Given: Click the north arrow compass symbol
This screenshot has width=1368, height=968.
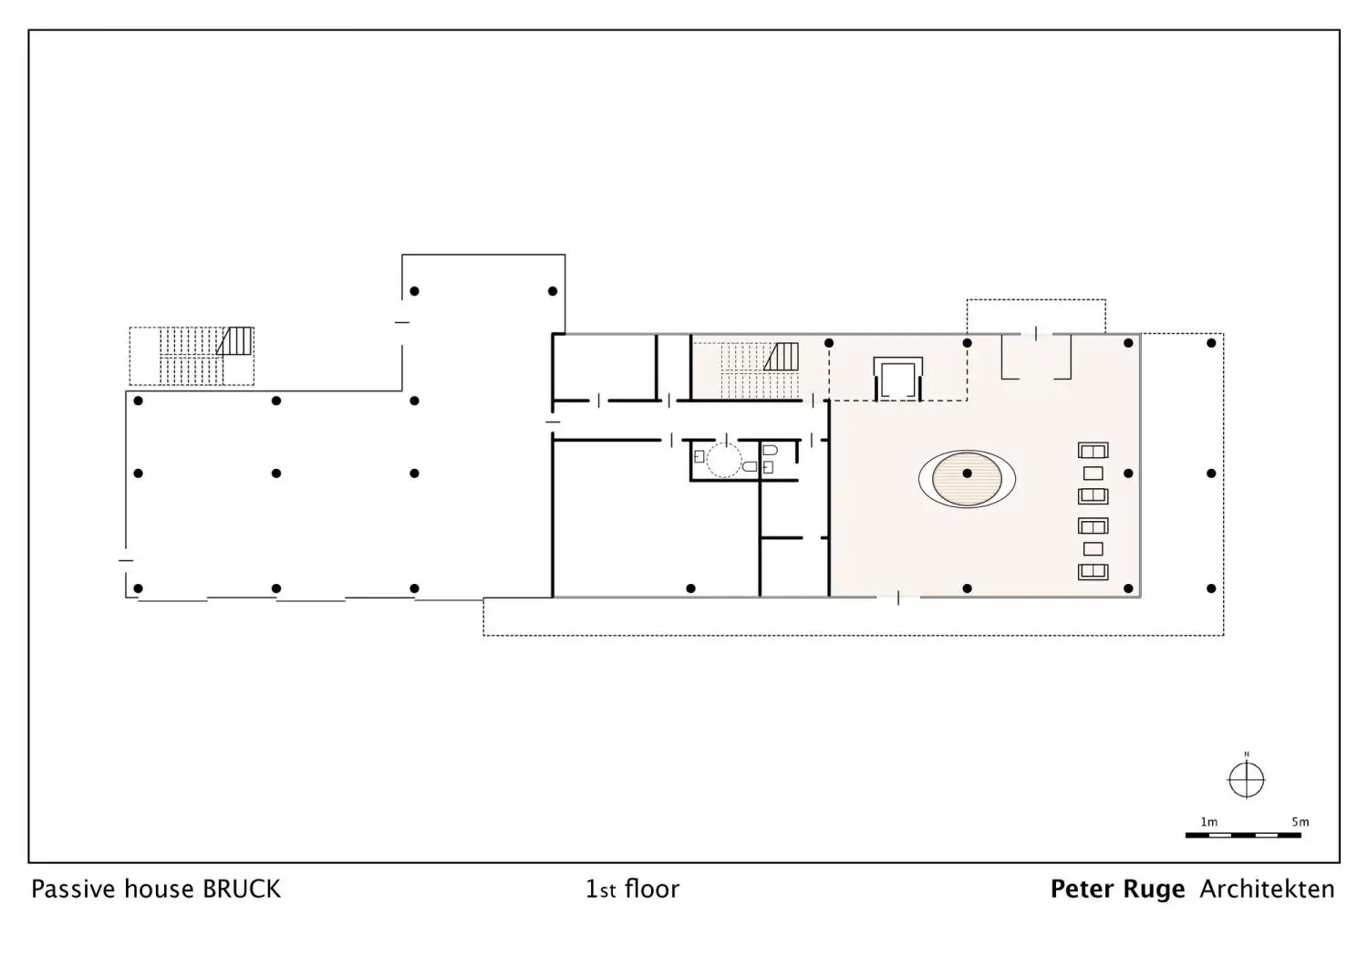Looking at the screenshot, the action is [1246, 779].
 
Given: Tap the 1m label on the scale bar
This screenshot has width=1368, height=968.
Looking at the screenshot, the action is [1208, 822].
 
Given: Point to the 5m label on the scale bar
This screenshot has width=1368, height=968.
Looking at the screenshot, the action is [1301, 822].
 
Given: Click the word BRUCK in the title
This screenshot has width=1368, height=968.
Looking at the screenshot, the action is [242, 890].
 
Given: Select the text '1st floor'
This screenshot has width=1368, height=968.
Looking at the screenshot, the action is [632, 890].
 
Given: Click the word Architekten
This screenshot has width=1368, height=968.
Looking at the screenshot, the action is [1268, 890].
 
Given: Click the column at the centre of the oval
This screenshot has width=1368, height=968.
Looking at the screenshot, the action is [967, 473].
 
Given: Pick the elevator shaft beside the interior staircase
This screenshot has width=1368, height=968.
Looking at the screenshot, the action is [897, 379].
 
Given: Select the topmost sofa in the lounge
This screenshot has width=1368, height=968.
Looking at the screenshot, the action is [1093, 451].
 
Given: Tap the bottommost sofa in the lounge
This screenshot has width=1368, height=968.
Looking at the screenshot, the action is [1093, 571].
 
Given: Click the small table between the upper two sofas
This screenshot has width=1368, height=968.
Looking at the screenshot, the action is [1093, 473].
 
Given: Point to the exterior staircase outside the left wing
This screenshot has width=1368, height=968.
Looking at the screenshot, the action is [192, 357].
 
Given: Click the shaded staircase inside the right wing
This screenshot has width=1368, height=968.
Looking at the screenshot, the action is [760, 370].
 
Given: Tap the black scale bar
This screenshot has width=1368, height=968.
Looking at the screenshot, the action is [1243, 835].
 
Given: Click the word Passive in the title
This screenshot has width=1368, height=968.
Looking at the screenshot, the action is [73, 890].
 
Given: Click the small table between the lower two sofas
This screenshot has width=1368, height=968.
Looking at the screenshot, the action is [1093, 549].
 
